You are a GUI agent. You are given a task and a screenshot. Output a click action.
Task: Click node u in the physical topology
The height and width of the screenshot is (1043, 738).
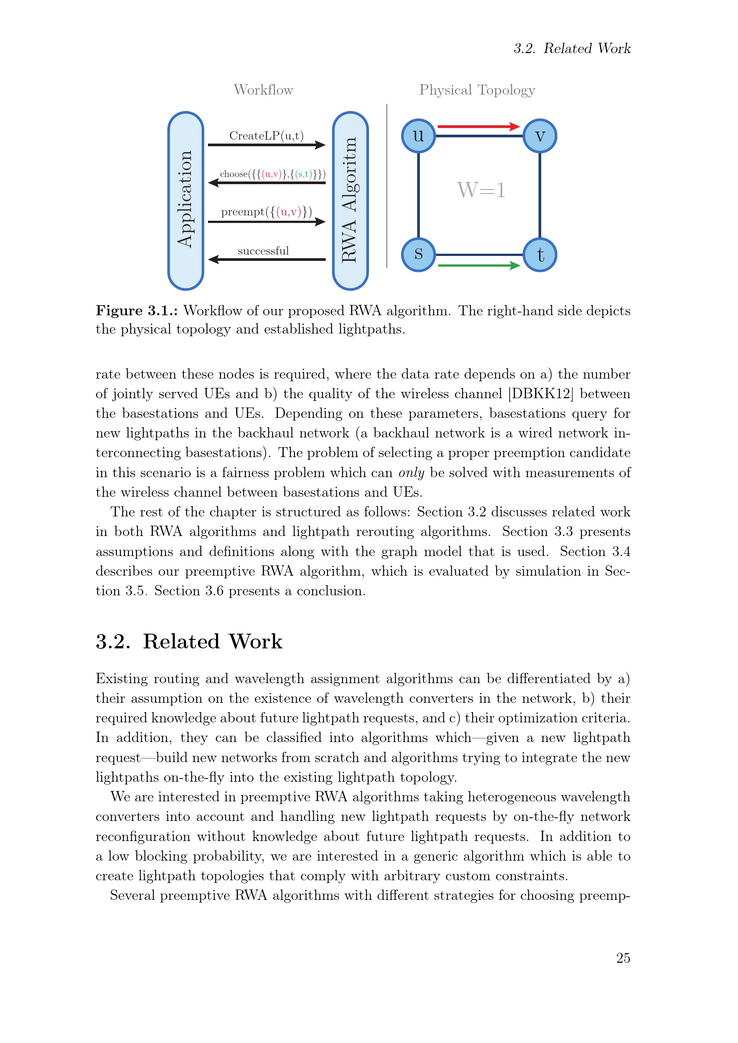418,136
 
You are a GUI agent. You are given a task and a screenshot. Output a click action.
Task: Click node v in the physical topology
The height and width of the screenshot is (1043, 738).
539,136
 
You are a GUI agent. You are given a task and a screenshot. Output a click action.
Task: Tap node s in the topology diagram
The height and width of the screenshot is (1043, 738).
418,254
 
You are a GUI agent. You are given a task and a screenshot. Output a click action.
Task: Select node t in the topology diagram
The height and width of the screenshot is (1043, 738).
539,254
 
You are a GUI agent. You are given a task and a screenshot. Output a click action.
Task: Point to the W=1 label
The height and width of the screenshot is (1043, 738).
481,190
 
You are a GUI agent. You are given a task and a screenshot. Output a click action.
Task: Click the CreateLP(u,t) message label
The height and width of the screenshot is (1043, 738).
266,136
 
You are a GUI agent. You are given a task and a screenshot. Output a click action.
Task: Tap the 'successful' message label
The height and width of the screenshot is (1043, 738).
263,251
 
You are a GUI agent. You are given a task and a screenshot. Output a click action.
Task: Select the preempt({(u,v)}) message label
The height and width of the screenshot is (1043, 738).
266,212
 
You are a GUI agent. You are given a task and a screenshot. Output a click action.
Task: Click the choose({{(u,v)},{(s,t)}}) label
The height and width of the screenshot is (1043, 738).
272,174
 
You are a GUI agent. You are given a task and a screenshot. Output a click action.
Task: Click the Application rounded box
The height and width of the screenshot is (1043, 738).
186,200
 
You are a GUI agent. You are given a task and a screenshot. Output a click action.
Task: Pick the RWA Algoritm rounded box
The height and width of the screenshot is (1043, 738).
350,200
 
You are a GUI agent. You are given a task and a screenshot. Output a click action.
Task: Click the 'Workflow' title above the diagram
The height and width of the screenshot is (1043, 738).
263,90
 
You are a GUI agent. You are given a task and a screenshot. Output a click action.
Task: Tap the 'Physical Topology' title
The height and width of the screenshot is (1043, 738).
477,90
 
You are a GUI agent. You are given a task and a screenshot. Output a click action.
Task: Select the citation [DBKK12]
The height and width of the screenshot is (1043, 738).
540,393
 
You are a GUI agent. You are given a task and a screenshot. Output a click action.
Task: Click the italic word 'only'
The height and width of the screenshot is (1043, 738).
411,472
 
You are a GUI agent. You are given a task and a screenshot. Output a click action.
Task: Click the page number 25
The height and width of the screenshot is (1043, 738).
622,958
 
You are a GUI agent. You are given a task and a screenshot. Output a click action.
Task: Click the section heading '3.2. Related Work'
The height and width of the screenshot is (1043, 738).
189,641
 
